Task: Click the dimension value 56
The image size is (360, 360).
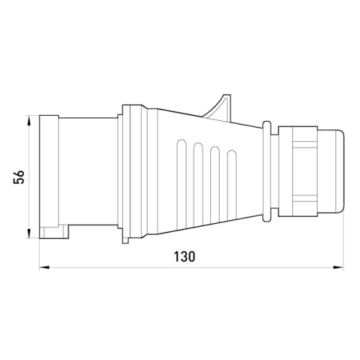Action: pos(19,177)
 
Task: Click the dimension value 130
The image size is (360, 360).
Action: pos(184,256)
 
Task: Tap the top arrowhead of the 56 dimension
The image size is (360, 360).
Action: pos(29,120)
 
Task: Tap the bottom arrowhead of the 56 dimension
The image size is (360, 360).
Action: pos(29,233)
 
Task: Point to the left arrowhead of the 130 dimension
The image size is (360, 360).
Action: pos(44,267)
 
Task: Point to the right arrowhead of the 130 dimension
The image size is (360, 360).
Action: pos(338,267)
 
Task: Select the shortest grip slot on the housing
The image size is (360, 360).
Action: pos(232,185)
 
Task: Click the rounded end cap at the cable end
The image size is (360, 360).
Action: pos(330,171)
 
